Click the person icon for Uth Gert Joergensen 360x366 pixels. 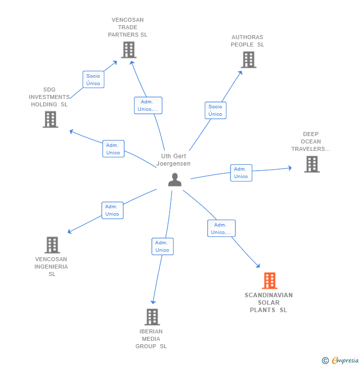(175, 180)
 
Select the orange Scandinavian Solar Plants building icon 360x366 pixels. (269, 280)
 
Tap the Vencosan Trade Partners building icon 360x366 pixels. (128, 49)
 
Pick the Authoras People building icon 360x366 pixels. (248, 59)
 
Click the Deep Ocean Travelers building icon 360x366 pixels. (312, 164)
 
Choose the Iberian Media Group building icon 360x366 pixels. (152, 317)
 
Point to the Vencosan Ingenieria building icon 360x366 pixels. (52, 244)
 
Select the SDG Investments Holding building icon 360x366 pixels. (50, 119)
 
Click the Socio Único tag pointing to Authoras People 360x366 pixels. (215, 110)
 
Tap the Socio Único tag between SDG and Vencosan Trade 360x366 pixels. (93, 79)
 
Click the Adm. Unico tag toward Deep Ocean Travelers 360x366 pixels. (241, 173)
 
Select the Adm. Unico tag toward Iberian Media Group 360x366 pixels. (162, 246)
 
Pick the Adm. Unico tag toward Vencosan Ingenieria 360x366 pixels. (112, 210)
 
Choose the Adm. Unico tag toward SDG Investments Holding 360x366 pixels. (113, 148)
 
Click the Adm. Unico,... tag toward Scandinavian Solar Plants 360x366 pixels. (221, 229)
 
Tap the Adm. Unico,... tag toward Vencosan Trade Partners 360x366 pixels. (148, 105)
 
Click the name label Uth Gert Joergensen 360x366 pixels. (174, 160)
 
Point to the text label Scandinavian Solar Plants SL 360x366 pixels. (269, 303)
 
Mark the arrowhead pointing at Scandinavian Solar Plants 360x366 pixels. (258, 266)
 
